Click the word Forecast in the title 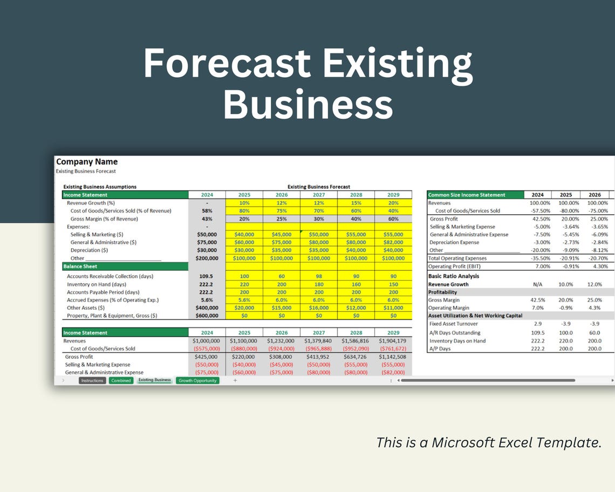(227, 64)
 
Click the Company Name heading (87, 162)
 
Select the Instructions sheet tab (92, 380)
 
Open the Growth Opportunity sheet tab (197, 380)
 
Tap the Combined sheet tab (121, 380)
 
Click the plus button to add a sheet (235, 380)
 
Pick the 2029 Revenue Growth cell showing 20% (393, 203)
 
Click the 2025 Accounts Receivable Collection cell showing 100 (244, 276)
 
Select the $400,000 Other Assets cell (207, 307)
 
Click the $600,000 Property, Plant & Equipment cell (207, 316)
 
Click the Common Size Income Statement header (466, 195)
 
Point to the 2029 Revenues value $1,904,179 (393, 341)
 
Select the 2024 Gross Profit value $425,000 (207, 357)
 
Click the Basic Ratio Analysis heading (453, 276)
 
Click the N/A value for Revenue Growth (537, 284)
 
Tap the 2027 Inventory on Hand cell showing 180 (318, 284)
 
